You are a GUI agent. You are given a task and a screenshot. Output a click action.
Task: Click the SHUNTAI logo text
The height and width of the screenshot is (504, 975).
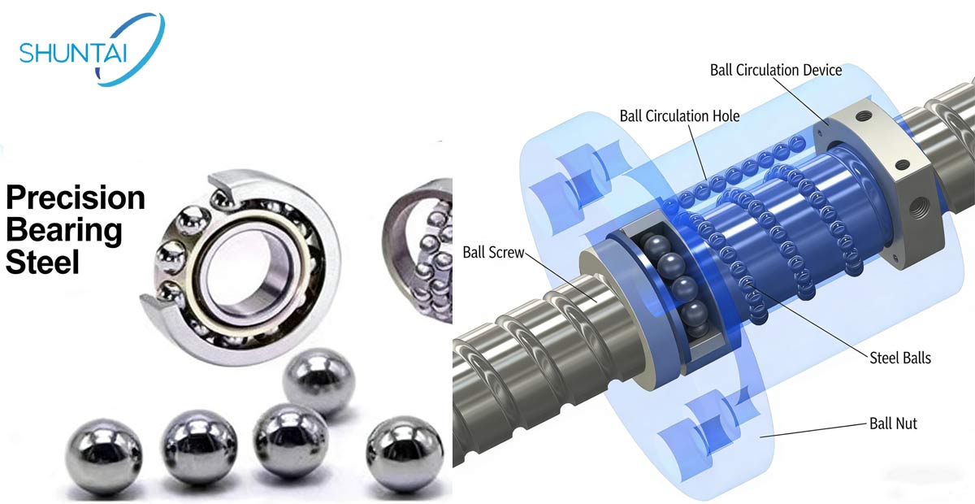(72, 53)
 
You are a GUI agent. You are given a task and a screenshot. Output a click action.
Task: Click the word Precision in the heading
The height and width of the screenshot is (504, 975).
(76, 198)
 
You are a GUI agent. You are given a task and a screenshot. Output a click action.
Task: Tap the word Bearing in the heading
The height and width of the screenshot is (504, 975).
(64, 231)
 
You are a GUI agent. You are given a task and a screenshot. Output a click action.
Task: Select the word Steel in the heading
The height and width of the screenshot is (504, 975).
(42, 263)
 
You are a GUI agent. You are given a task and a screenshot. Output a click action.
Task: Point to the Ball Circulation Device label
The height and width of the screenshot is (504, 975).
(776, 70)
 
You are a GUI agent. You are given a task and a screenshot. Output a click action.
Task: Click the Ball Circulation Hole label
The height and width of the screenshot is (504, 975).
(679, 116)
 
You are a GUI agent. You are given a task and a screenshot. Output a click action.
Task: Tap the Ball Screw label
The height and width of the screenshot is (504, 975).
(493, 252)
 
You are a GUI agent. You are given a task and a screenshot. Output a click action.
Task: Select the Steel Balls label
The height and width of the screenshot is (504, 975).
(900, 358)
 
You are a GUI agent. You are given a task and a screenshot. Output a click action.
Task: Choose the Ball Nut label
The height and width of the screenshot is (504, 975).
(893, 424)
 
